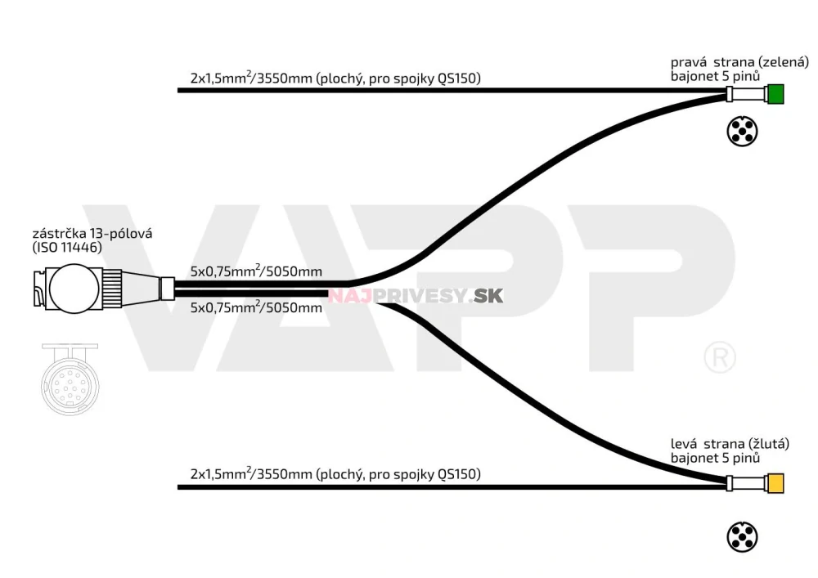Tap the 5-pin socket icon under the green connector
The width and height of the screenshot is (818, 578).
[x=742, y=132]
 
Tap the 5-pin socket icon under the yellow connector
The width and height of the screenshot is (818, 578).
[x=742, y=537]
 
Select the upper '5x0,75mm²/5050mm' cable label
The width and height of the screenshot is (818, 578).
[x=256, y=271]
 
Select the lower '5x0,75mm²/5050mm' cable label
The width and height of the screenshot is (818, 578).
[x=256, y=308]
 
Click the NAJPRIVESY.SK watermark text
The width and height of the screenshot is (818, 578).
[x=416, y=295]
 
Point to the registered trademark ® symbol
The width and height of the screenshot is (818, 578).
[x=720, y=357]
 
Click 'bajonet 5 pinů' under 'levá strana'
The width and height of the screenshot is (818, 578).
[x=716, y=459]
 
